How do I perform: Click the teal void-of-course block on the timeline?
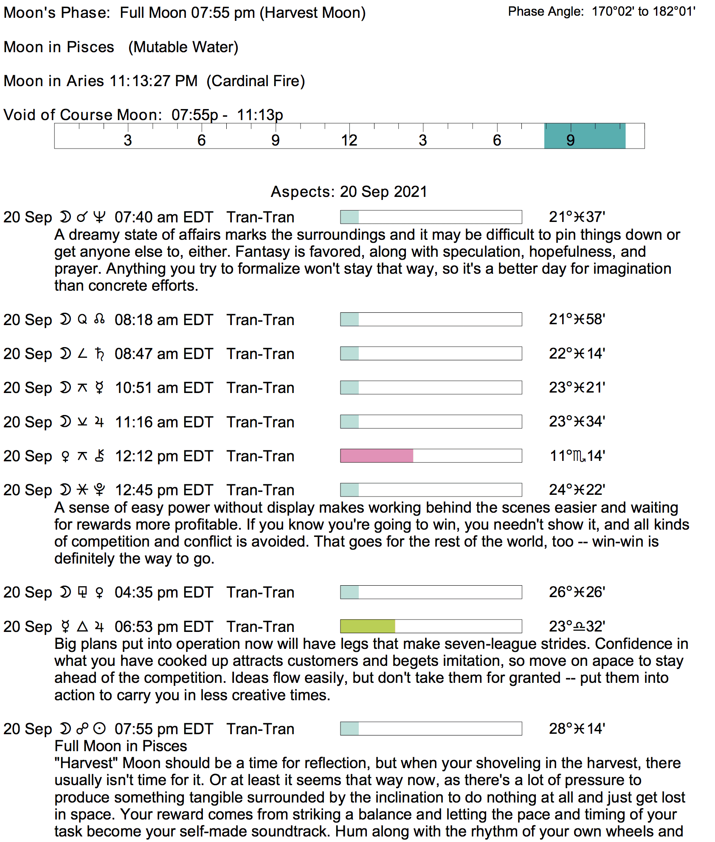(x=584, y=136)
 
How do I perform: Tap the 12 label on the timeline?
(x=349, y=140)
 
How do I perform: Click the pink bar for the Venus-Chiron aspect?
(x=377, y=456)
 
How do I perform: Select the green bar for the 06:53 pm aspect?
(x=368, y=626)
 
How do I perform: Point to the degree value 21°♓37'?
(x=577, y=217)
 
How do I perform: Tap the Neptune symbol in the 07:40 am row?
(x=99, y=217)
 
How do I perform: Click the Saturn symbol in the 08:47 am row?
(x=99, y=354)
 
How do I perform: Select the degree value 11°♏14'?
(x=577, y=456)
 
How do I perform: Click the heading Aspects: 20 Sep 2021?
(x=349, y=192)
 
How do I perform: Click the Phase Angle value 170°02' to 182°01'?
(x=643, y=11)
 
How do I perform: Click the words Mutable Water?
(x=183, y=47)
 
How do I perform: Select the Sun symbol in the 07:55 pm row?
(x=99, y=729)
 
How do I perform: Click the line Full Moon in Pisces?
(x=121, y=746)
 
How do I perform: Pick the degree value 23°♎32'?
(x=577, y=626)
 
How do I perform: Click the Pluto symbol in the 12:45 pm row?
(x=99, y=490)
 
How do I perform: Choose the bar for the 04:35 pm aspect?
(x=431, y=592)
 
